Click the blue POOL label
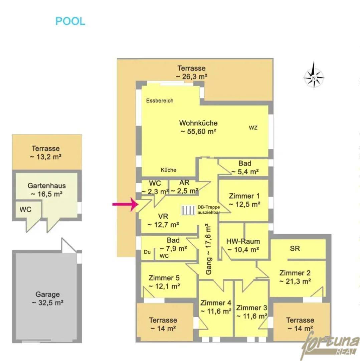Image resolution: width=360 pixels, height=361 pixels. click(70, 21)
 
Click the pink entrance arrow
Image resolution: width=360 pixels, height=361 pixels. click(125, 204)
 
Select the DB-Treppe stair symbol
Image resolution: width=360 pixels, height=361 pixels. click(188, 210)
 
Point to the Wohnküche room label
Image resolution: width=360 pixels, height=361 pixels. click(198, 123)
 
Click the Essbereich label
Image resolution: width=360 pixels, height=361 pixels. click(160, 101)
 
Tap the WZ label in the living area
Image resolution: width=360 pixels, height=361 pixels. click(253, 128)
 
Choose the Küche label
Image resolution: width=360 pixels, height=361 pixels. click(168, 170)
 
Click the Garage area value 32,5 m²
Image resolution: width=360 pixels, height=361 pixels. click(48, 303)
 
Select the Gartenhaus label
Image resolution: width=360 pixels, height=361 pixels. click(47, 186)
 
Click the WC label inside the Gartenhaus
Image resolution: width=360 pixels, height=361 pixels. click(25, 210)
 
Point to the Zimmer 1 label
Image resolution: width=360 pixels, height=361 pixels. click(244, 196)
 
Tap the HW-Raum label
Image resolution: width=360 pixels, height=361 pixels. click(243, 241)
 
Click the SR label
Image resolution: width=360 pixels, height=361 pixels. click(295, 248)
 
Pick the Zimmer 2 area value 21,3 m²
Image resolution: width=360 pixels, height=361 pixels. click(295, 281)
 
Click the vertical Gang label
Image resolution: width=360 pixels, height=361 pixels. click(208, 249)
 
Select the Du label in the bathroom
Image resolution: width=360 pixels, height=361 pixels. click(147, 252)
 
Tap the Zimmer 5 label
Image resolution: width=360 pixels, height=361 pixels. click(164, 278)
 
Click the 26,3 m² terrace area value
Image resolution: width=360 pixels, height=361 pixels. click(192, 77)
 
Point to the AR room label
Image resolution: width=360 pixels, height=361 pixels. click(184, 183)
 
